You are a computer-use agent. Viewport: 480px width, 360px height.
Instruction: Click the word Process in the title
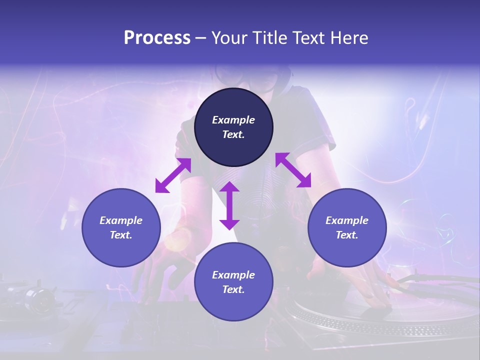(x=157, y=38)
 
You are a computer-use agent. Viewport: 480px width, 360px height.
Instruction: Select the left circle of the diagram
(x=121, y=227)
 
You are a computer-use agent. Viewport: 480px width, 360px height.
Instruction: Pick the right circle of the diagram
(x=347, y=227)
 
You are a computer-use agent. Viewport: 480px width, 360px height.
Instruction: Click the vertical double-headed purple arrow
(x=229, y=205)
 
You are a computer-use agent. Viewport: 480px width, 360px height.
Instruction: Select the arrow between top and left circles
(x=173, y=175)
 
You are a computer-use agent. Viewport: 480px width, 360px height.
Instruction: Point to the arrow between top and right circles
(x=293, y=170)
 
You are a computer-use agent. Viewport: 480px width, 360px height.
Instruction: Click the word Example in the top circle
(x=233, y=120)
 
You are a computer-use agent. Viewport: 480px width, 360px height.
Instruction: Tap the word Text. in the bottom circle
(x=233, y=289)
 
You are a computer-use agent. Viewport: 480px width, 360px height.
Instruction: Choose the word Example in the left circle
(x=121, y=220)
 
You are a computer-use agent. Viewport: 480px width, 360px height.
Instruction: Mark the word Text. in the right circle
(x=347, y=235)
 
